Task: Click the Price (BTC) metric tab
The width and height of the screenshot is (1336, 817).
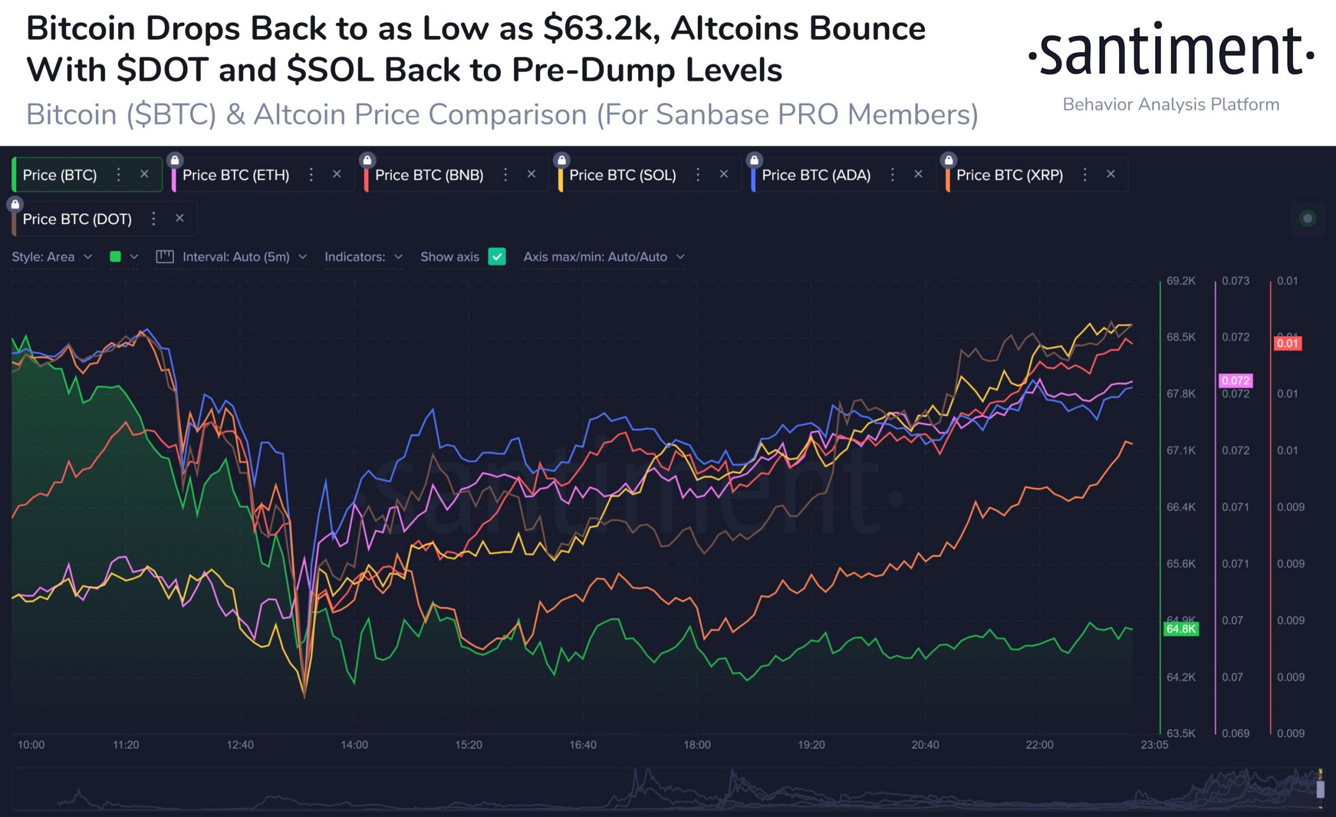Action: tap(59, 175)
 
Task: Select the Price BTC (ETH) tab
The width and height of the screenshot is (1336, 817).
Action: tap(235, 175)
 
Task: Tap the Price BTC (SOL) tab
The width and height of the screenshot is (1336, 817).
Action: tap(623, 175)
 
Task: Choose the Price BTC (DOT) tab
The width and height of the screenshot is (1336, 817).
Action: tap(77, 219)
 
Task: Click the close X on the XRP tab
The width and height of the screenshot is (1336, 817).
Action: tap(1111, 174)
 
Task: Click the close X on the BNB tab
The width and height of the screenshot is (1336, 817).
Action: tap(531, 174)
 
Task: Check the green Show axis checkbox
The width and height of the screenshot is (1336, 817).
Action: tap(497, 257)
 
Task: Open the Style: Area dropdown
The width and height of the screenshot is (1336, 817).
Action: tap(52, 257)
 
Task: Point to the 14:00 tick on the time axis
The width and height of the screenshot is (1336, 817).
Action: tap(354, 745)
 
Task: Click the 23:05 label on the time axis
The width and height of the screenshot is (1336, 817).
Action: tap(1154, 745)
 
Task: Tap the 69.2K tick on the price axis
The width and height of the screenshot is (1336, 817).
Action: tap(1180, 281)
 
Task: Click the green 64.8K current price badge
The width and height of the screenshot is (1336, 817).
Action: tap(1180, 629)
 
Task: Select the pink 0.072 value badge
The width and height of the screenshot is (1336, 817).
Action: tap(1235, 380)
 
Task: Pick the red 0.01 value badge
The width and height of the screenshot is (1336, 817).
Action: tap(1287, 343)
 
